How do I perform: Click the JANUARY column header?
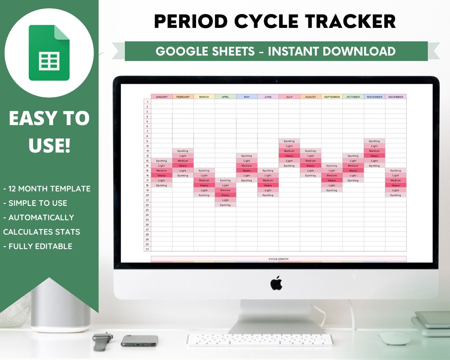pos(162,97)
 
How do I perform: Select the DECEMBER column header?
pos(395,97)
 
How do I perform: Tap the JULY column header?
pos(289,97)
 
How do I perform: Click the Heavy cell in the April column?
pos(225,195)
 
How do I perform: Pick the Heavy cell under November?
pos(374,156)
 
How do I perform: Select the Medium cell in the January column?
pos(162,170)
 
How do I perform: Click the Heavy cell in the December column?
pos(395,185)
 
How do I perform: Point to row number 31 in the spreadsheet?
pos(147,249)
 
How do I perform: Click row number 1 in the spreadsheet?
pos(147,102)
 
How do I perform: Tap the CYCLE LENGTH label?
pos(278,259)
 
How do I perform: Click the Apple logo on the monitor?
pos(276,283)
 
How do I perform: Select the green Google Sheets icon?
pos(49,53)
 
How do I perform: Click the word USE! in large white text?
pos(49,145)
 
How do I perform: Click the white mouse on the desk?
pos(395,338)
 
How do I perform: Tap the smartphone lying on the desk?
pos(139,340)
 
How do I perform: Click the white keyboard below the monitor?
pos(260,340)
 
